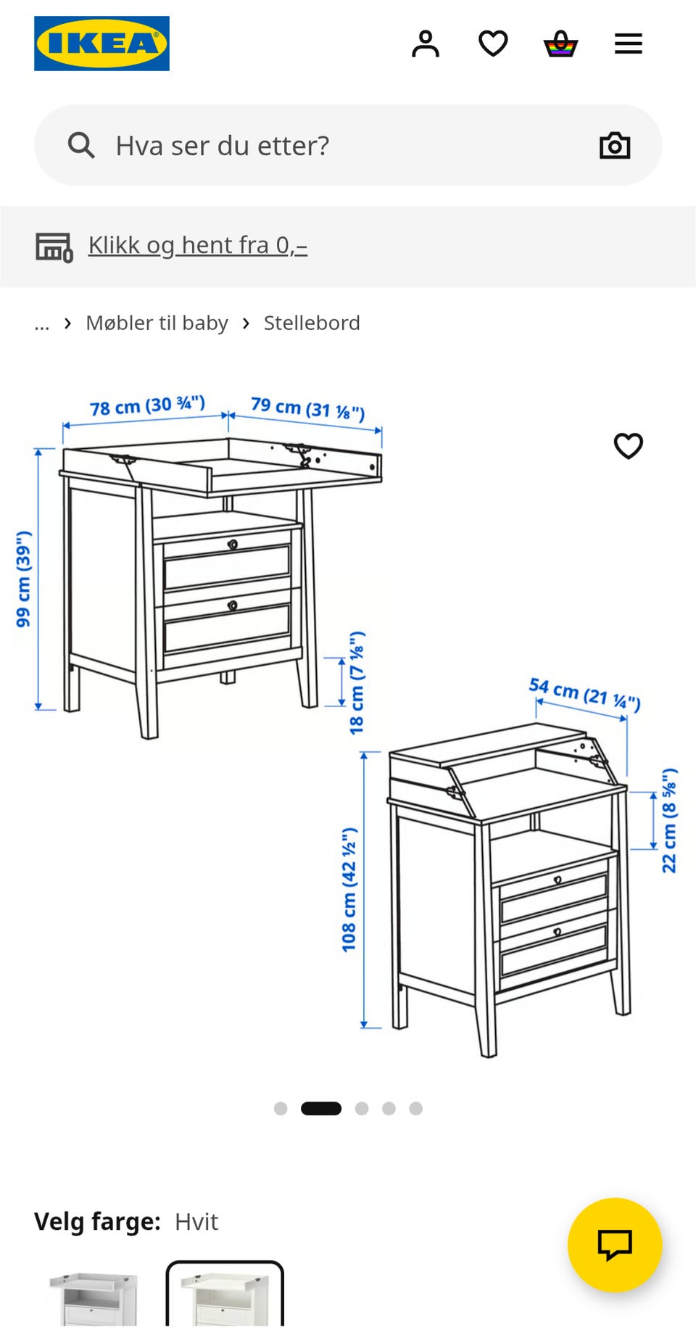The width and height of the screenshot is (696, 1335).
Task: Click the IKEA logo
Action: click(101, 44)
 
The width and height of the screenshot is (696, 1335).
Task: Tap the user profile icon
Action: click(426, 44)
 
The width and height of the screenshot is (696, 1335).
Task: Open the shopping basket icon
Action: click(560, 44)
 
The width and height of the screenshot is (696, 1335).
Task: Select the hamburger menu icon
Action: click(629, 44)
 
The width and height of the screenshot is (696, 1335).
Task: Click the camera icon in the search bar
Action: click(615, 145)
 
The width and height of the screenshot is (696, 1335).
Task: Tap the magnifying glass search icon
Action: click(81, 145)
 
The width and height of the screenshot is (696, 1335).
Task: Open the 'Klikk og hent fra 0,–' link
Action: click(198, 245)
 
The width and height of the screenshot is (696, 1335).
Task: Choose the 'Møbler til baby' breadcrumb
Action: click(157, 323)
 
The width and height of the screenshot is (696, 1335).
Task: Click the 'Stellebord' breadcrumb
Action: click(312, 323)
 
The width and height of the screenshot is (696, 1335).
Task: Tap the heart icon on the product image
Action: click(629, 446)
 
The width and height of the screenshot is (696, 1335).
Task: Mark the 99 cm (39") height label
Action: click(24, 579)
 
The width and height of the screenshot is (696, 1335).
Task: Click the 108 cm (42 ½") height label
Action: click(349, 889)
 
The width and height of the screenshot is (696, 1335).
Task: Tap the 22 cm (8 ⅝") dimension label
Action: click(669, 820)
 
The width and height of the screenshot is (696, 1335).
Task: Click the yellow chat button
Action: click(615, 1244)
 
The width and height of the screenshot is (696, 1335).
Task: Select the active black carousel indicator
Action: click(321, 1108)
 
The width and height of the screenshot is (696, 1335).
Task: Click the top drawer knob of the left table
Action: click(233, 544)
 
